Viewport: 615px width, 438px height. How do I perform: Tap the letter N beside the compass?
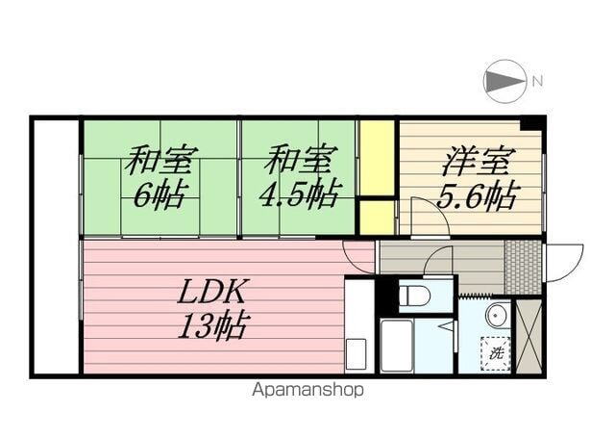click(537, 80)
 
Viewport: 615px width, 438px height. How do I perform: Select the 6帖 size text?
click(160, 195)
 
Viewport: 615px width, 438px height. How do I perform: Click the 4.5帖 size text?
click(298, 195)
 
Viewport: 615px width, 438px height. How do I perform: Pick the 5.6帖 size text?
click(476, 197)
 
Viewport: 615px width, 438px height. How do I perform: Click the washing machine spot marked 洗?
click(496, 353)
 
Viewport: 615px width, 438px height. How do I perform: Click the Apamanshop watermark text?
click(307, 391)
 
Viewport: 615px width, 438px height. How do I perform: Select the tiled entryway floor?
click(523, 266)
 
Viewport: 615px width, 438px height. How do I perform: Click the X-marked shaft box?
click(529, 335)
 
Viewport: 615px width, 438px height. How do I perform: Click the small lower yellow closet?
click(378, 216)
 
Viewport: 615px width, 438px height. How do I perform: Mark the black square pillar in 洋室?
click(530, 123)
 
